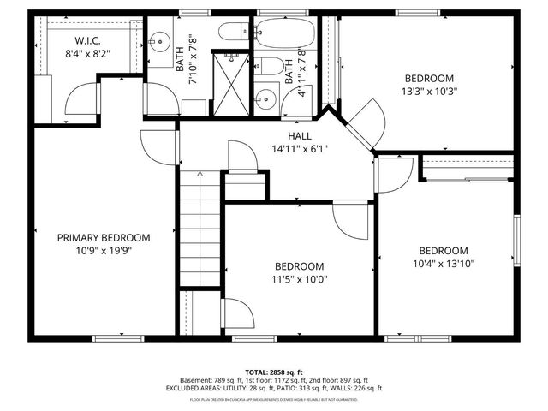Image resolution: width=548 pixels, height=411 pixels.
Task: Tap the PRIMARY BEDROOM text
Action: pyautogui.click(x=104, y=237)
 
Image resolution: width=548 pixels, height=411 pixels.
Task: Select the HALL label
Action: pyautogui.click(x=299, y=135)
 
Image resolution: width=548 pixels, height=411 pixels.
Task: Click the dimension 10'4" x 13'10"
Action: pyautogui.click(x=444, y=264)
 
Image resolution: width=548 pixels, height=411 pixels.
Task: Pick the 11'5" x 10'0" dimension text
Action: pyautogui.click(x=299, y=278)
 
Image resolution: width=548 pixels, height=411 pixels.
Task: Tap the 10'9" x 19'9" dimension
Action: pyautogui.click(x=104, y=251)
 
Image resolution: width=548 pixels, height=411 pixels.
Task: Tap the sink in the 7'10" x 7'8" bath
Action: pyautogui.click(x=160, y=39)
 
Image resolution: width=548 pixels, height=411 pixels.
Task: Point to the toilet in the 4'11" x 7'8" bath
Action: pyautogui.click(x=265, y=67)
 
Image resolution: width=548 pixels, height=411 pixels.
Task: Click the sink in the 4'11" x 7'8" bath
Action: pyautogui.click(x=266, y=98)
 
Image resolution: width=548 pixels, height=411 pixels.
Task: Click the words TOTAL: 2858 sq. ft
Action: pyautogui.click(x=273, y=371)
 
